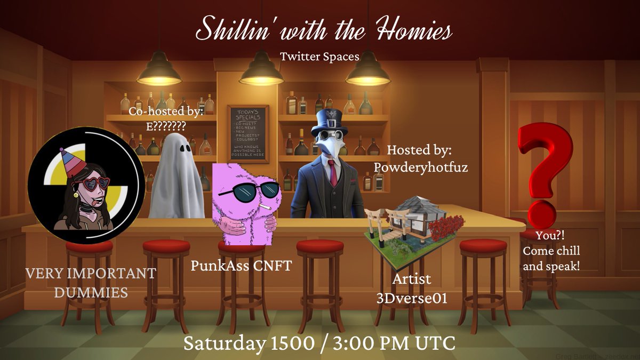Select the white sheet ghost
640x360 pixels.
[x=175, y=178]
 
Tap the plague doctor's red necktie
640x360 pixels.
[x=333, y=173]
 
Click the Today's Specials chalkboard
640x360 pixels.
[x=248, y=133]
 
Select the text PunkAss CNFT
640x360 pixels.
[x=242, y=265]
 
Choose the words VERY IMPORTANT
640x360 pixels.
[x=91, y=274]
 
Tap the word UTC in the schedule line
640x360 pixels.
[x=436, y=343]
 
